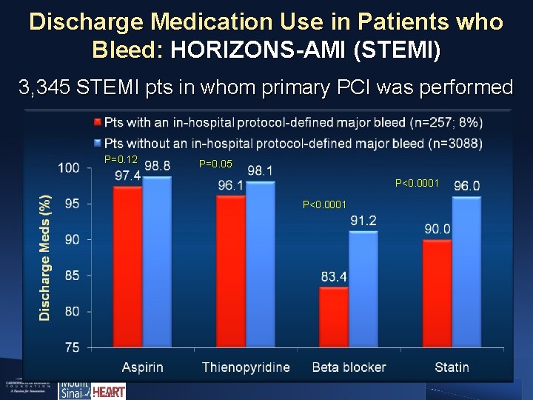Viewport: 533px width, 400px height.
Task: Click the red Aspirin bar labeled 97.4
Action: (x=128, y=267)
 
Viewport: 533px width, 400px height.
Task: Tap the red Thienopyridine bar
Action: (x=231, y=271)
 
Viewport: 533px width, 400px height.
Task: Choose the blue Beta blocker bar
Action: (x=363, y=289)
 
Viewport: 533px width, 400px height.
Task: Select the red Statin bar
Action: (x=438, y=293)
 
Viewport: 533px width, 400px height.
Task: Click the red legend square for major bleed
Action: (x=98, y=121)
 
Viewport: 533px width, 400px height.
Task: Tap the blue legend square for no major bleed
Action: (x=98, y=143)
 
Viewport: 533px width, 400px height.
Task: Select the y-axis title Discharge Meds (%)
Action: (x=46, y=257)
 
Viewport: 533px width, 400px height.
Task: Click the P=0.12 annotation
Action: (x=121, y=160)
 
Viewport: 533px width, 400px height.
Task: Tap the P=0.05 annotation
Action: (x=217, y=164)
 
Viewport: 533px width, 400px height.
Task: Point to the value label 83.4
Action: (x=334, y=277)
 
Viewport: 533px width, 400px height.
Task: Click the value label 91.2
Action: (x=363, y=221)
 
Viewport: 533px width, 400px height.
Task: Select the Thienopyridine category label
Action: (x=246, y=367)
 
